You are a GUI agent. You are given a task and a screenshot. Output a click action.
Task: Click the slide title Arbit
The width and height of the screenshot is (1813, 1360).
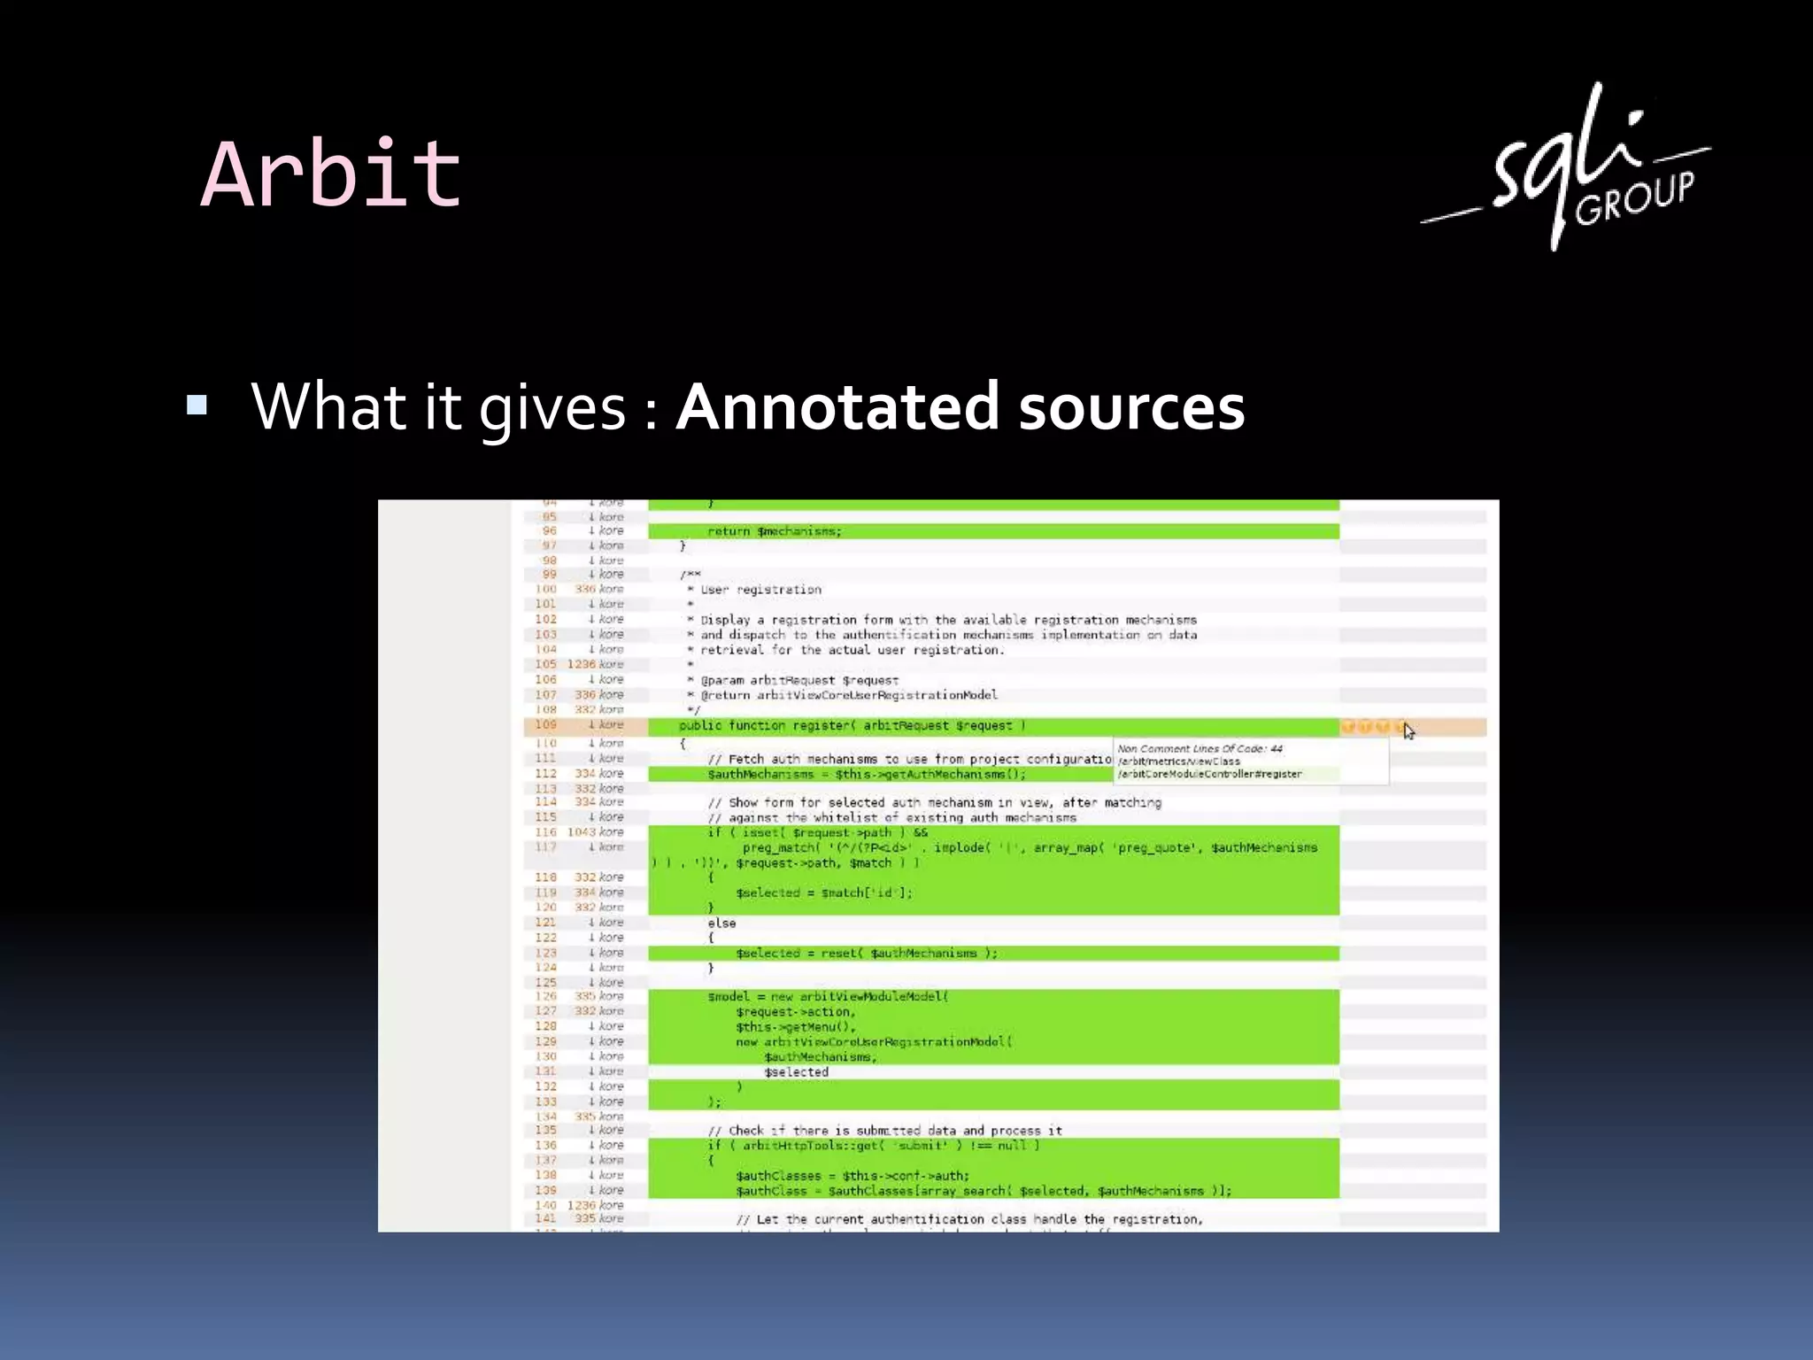point(331,174)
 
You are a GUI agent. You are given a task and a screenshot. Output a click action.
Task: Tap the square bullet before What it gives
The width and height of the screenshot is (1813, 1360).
point(197,406)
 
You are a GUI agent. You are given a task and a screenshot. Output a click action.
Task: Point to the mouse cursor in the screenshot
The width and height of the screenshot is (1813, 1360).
point(1408,730)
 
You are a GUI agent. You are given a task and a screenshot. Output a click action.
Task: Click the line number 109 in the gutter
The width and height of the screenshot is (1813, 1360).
point(546,725)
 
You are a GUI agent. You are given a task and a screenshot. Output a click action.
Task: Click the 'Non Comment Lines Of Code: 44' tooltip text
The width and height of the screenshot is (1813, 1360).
point(1200,749)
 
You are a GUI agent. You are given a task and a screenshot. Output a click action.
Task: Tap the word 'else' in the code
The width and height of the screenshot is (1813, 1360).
point(721,923)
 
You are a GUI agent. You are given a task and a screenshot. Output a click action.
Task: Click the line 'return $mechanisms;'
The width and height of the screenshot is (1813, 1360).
point(775,531)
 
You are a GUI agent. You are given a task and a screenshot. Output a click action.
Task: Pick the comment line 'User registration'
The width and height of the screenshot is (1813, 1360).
point(760,590)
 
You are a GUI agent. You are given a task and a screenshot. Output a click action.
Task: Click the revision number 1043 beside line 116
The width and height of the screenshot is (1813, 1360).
point(581,832)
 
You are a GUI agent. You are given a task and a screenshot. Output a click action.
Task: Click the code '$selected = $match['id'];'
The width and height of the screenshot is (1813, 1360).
point(823,892)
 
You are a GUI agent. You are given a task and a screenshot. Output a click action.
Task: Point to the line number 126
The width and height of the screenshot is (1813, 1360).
point(546,996)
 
